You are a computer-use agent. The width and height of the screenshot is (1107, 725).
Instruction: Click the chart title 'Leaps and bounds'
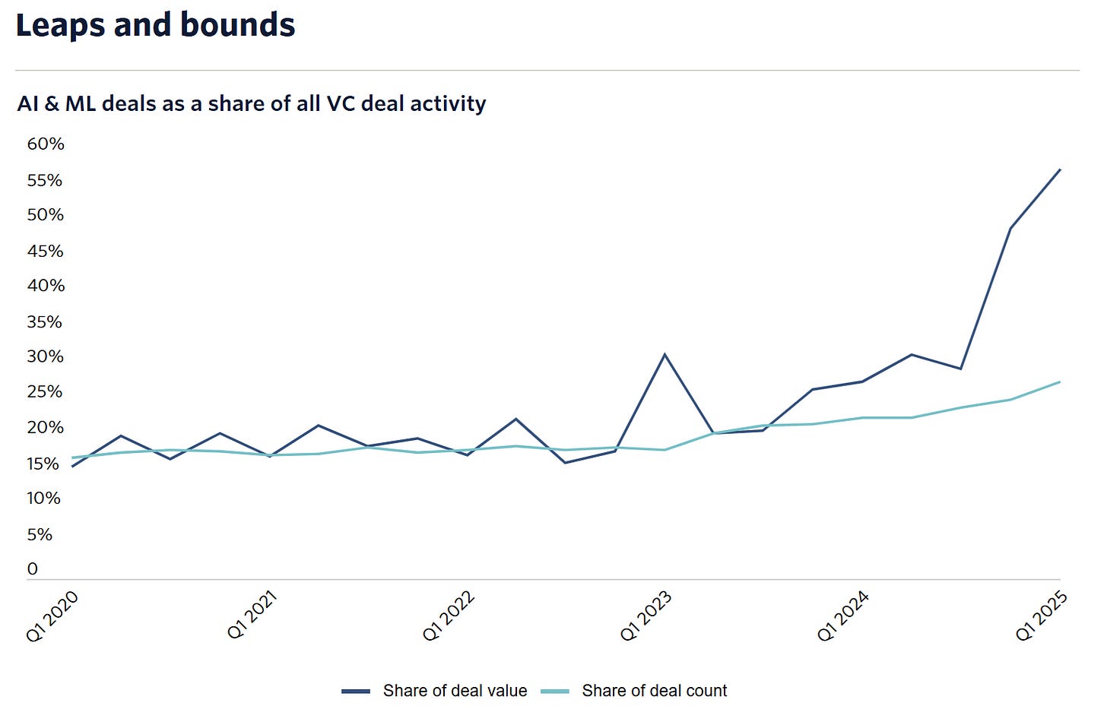pyautogui.click(x=155, y=25)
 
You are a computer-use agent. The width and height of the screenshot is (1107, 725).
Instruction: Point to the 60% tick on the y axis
pyautogui.click(x=46, y=144)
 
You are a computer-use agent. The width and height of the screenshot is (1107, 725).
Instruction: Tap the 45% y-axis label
pyautogui.click(x=46, y=251)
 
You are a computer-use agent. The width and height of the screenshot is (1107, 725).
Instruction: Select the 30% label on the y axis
pyautogui.click(x=46, y=356)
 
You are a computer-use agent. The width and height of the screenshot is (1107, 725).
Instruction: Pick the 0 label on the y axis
pyautogui.click(x=33, y=569)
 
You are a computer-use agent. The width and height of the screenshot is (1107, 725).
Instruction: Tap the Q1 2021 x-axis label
pyautogui.click(x=252, y=616)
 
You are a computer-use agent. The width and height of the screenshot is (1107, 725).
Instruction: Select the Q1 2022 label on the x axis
pyautogui.click(x=449, y=616)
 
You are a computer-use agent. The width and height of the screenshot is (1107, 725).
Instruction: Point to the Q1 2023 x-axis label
pyautogui.click(x=646, y=616)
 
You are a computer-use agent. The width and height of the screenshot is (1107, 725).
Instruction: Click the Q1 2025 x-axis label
pyautogui.click(x=1042, y=616)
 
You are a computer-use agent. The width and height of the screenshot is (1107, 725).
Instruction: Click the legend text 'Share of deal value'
pyautogui.click(x=455, y=691)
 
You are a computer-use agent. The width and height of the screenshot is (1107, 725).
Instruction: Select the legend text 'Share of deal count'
pyautogui.click(x=654, y=691)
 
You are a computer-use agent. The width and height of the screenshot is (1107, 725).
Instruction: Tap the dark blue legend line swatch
pyautogui.click(x=356, y=692)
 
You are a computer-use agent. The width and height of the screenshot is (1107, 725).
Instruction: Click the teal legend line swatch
pyautogui.click(x=555, y=692)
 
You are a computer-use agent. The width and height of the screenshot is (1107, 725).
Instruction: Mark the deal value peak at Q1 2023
pyautogui.click(x=665, y=355)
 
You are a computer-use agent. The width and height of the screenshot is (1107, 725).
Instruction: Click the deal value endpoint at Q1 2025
pyautogui.click(x=1060, y=169)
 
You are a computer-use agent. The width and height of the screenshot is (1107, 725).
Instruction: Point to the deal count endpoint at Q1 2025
pyautogui.click(x=1060, y=382)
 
